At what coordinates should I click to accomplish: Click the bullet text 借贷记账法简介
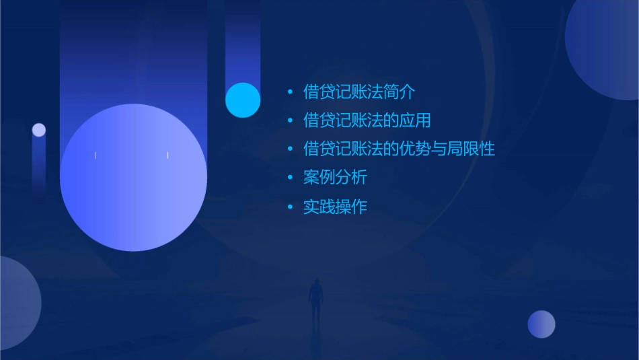(x=359, y=92)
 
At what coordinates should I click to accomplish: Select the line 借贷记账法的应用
(x=367, y=120)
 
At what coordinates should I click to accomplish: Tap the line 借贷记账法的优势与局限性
(x=399, y=149)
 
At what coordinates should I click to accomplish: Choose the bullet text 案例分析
(x=335, y=178)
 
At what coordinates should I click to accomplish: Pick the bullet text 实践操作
(x=335, y=207)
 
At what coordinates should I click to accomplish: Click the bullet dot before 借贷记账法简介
(x=290, y=92)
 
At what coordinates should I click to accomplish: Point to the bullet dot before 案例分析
(x=290, y=178)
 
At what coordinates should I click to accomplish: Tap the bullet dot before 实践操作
(x=290, y=207)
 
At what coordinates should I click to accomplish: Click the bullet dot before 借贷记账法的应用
(x=290, y=121)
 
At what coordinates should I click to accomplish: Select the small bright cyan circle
(x=243, y=100)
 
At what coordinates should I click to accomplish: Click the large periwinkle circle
(x=133, y=178)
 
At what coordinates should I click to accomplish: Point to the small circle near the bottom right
(x=541, y=324)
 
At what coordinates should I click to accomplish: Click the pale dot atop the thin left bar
(x=39, y=130)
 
